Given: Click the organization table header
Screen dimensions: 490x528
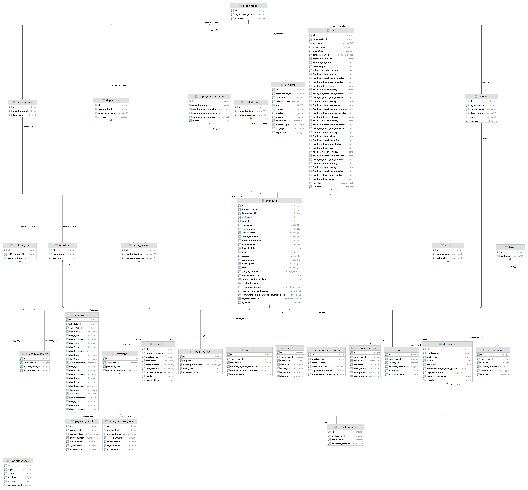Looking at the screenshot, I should (248, 6).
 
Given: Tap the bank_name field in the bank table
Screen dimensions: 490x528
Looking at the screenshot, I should (506, 256).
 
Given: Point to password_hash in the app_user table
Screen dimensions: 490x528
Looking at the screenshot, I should (283, 101).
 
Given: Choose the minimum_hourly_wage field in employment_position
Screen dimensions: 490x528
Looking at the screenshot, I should (204, 117).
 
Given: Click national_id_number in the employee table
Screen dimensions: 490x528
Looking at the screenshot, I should (251, 241).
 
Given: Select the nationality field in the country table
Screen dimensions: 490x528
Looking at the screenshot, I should (442, 258).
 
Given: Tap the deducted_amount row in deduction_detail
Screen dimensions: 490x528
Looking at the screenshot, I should (341, 444).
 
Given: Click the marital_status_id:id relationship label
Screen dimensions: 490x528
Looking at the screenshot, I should (259, 123).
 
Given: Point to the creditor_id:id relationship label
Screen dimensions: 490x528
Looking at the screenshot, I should (487, 138).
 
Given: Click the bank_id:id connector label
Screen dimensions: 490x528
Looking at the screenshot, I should (514, 266).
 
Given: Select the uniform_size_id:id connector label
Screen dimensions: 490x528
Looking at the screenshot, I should (16, 341).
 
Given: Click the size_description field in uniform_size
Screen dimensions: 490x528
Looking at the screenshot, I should (15, 258).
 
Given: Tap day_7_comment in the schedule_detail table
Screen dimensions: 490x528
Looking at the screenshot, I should (77, 409).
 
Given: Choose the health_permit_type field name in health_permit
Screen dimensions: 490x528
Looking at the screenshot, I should (192, 365).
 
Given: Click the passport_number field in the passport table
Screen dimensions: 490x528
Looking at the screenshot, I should (397, 367).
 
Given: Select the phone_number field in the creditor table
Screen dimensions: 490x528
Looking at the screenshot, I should (477, 113).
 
